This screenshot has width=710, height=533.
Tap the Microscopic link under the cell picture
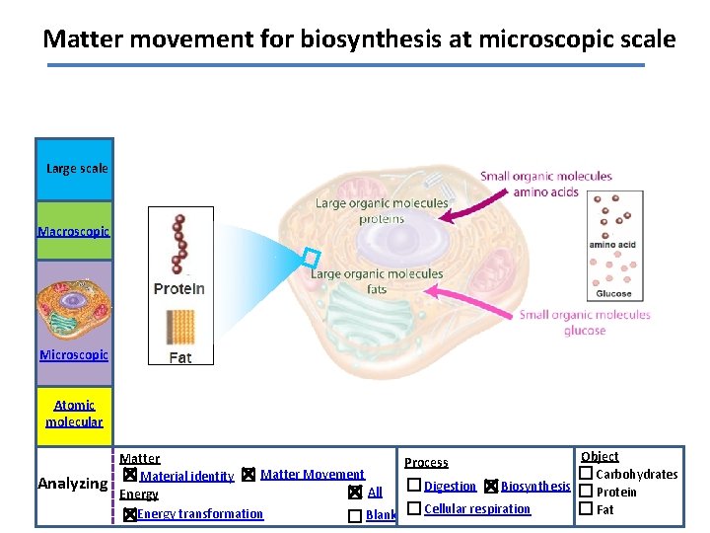point(74,354)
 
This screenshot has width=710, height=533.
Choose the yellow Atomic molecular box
point(74,414)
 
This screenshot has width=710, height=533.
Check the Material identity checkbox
point(129,475)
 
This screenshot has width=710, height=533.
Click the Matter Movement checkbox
point(248,475)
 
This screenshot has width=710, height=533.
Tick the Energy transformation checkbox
point(129,514)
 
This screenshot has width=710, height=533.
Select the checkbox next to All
point(355,493)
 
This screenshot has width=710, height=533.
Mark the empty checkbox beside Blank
point(355,515)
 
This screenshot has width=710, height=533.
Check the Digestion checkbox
point(414,486)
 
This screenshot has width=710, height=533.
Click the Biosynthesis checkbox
point(491,486)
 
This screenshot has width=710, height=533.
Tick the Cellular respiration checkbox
point(414,508)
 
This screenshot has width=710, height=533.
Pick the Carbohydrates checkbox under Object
point(586,474)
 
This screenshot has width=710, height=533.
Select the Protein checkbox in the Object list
point(586,492)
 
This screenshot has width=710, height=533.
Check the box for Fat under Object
point(586,509)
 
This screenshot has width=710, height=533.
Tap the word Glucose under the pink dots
point(613,294)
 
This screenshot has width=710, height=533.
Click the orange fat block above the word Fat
point(180,326)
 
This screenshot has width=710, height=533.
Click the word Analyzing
point(72,484)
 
